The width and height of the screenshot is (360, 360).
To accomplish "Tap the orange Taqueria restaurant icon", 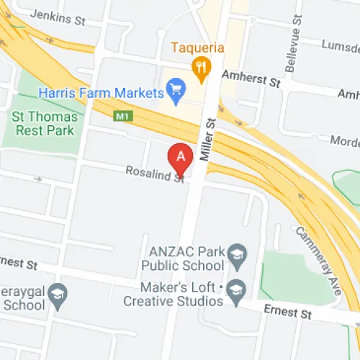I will click(x=202, y=67).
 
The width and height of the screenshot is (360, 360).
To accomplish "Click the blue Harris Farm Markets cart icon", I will click(x=174, y=91).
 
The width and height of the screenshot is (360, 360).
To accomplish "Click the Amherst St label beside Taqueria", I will click(x=251, y=77).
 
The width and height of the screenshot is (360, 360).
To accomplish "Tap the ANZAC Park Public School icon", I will click(x=237, y=253).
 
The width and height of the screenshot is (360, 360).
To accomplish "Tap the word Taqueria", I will click(x=199, y=48).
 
